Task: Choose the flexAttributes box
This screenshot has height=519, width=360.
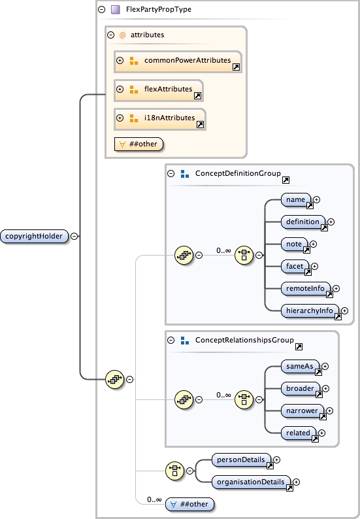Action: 159,90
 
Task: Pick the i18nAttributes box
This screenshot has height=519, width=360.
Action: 160,118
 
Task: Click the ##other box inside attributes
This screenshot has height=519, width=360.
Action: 139,144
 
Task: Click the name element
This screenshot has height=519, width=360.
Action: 295,199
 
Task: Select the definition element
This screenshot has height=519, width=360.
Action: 303,222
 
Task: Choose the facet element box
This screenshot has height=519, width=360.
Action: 294,266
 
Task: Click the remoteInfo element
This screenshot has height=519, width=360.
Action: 304,288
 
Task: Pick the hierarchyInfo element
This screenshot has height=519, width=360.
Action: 309,310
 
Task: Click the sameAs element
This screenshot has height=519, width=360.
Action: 299,366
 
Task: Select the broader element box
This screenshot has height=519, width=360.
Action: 301,388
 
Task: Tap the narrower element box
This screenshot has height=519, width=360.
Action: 302,410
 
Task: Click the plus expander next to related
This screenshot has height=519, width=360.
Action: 321,433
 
